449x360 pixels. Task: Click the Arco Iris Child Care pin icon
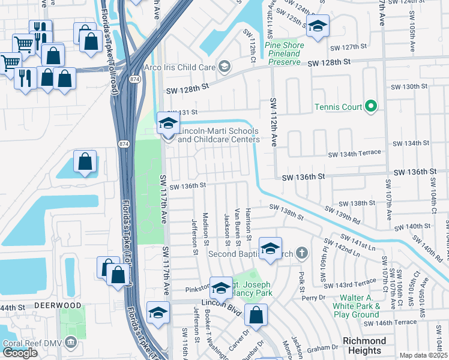click(x=224, y=67)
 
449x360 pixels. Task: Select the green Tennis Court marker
click(x=371, y=107)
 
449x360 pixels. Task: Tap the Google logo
click(x=20, y=352)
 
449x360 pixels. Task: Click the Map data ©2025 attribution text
click(x=424, y=355)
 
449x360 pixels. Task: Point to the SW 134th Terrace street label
click(x=354, y=153)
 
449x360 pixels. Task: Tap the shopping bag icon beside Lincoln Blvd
click(x=256, y=316)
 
